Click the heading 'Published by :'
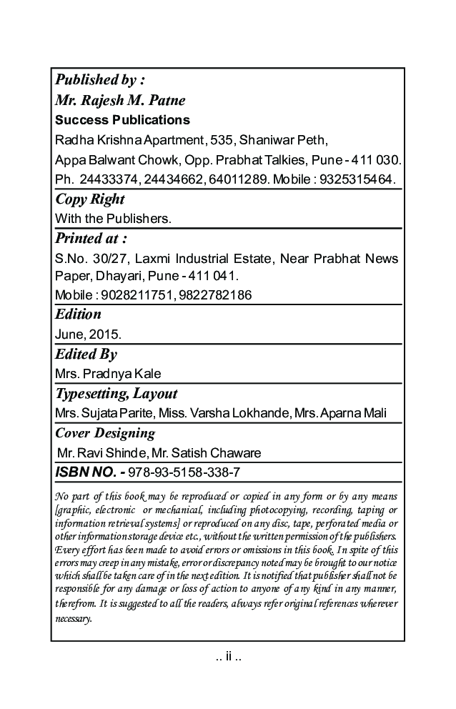(100, 79)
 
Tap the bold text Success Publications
(122, 119)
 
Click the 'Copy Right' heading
(89, 199)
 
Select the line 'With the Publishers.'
(113, 218)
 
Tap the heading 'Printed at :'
(91, 238)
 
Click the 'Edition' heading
(78, 314)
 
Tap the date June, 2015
(88, 334)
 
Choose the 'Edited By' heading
(86, 354)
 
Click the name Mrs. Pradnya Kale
(108, 374)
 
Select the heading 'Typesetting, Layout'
(116, 394)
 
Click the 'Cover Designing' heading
(104, 433)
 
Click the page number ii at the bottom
(228, 656)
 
